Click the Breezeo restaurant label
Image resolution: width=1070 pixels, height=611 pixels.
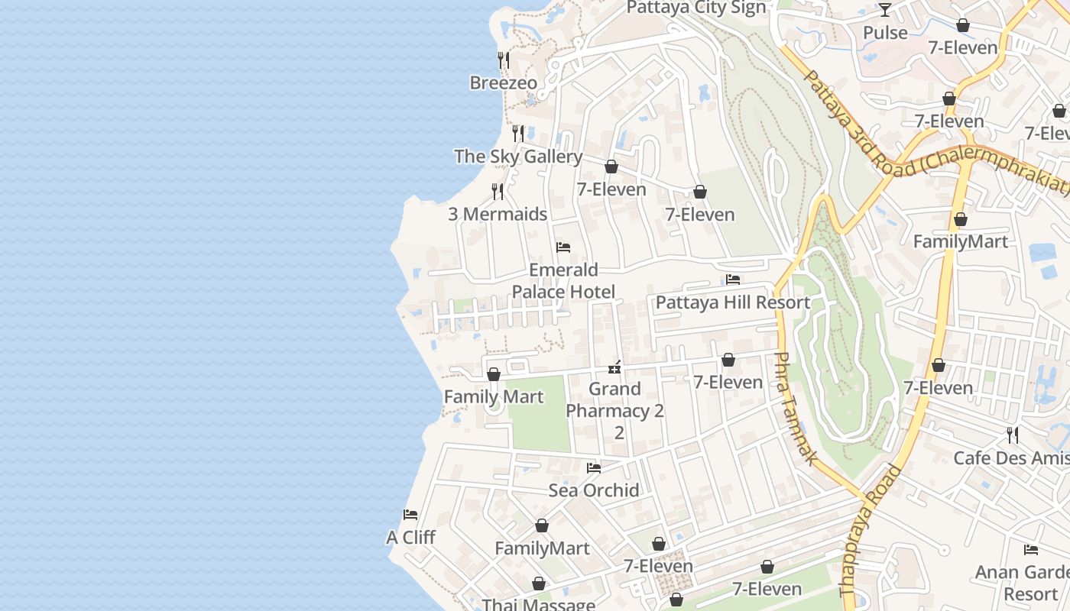pos(503,82)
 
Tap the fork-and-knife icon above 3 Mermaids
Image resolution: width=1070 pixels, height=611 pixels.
pos(498,191)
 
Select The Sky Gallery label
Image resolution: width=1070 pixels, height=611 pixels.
pos(518,157)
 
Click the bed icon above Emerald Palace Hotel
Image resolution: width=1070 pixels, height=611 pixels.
pos(563,247)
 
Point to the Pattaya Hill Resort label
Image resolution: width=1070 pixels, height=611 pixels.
pos(732,302)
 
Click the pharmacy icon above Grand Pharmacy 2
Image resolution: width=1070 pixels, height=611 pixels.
pos(614,368)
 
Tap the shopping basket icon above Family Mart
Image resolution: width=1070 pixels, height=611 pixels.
pos(494,374)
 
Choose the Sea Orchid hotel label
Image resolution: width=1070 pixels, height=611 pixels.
pos(593,490)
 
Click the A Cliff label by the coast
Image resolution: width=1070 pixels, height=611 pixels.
pos(410,538)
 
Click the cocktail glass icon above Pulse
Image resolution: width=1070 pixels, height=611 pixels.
pos(885,10)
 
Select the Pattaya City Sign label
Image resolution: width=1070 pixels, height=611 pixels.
pos(695,8)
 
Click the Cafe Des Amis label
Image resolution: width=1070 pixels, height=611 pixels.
pos(1010,458)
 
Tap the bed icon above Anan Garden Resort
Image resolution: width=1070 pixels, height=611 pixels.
pos(1031,549)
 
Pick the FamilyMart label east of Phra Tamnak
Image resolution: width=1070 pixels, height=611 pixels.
pos(961,242)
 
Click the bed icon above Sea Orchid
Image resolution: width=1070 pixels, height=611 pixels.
pos(593,467)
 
